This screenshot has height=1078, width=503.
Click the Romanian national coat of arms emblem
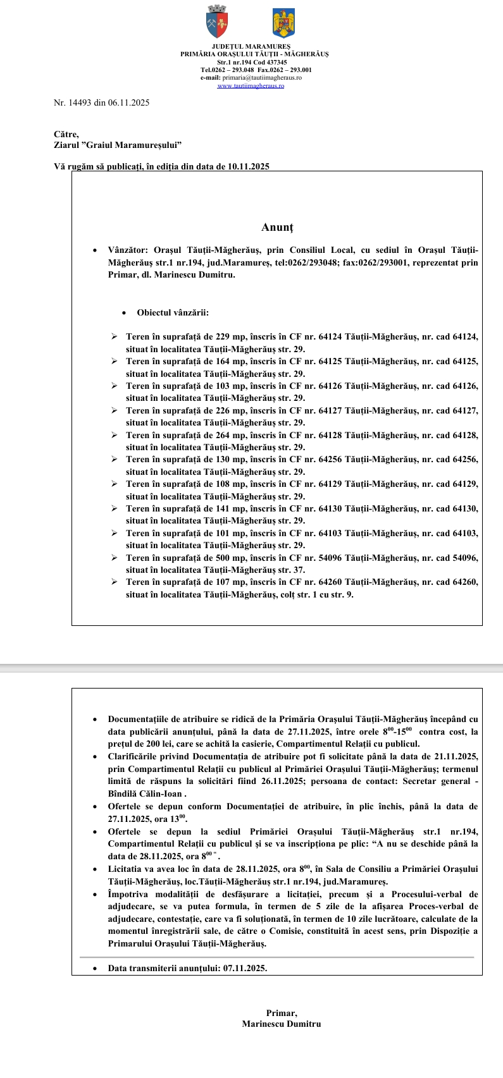click(284, 23)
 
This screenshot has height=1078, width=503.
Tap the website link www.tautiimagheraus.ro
click(251, 86)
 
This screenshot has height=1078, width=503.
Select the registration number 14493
click(80, 102)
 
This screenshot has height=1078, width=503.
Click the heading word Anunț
click(277, 227)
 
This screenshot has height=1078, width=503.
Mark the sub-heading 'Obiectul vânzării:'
click(173, 312)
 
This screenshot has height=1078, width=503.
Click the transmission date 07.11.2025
click(245, 968)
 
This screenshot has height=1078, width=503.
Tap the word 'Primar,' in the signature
click(282, 1013)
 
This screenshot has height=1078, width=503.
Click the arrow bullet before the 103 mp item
click(114, 386)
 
